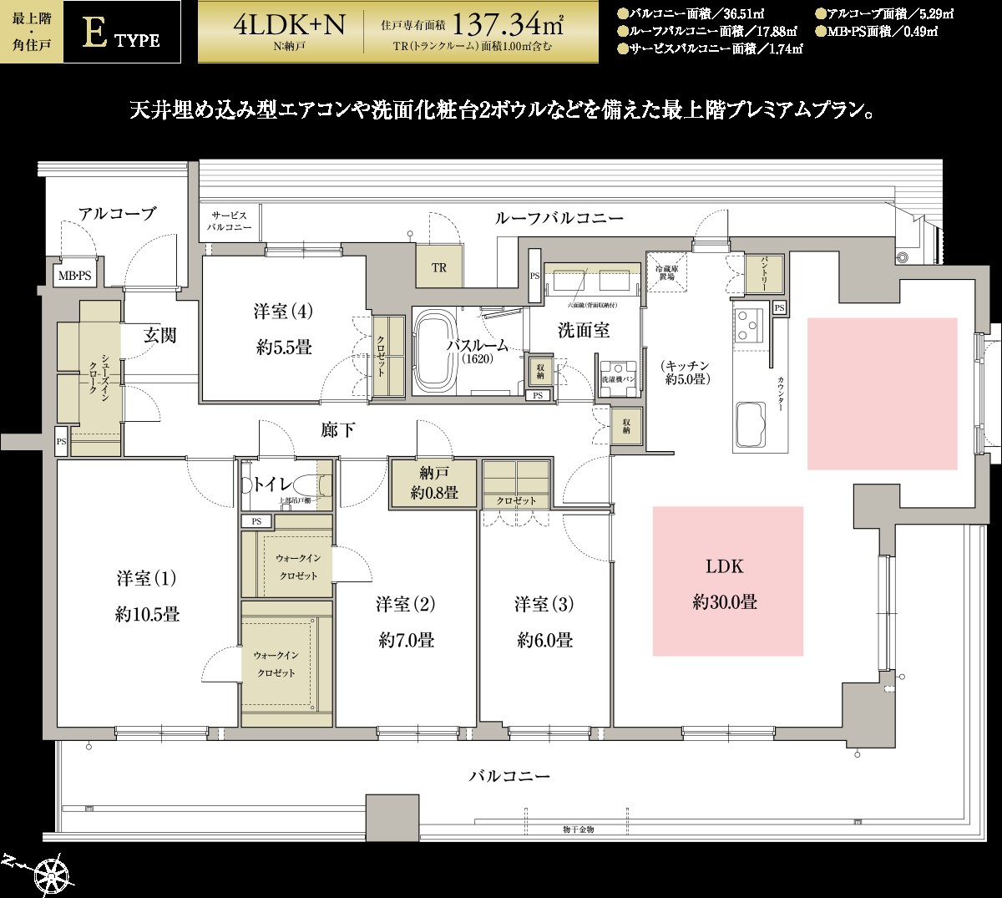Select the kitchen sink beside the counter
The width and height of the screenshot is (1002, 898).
pos(750,424)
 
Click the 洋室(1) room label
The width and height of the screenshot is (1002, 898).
pos(147,579)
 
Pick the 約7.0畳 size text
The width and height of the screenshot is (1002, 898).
pos(406,641)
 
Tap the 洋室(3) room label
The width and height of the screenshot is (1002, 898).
pos(544,603)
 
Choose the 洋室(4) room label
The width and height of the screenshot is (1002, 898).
pos(283,312)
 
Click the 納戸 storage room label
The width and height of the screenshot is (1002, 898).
pos(434,473)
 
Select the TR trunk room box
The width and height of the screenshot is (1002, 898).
pos(439,268)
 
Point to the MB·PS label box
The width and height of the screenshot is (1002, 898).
pos(75,275)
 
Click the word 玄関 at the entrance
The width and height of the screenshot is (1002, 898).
pos(159,336)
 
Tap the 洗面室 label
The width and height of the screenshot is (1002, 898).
pos(584,330)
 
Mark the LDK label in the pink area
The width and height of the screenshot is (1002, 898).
pos(724,567)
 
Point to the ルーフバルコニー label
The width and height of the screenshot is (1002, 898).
pos(559,219)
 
